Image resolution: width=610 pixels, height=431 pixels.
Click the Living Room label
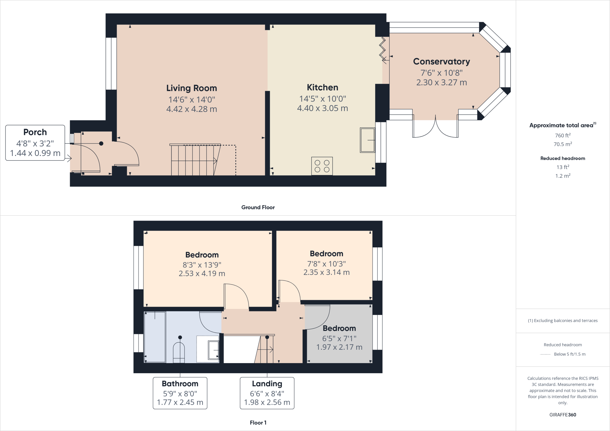point(192,88)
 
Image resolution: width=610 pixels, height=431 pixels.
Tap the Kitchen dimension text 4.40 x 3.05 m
point(323,108)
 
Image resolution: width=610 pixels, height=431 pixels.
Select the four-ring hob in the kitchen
point(322,166)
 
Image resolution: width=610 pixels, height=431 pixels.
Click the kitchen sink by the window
point(367,140)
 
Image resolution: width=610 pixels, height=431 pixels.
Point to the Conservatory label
point(441,62)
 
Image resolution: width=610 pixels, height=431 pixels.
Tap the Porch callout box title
point(35,132)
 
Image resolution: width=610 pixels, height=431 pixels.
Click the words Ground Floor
point(258,207)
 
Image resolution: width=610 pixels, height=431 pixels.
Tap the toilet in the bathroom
point(179,352)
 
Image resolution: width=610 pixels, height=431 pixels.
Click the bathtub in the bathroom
point(155,337)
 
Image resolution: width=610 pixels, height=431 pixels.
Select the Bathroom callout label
point(180,384)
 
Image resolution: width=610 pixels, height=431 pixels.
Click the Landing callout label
point(267,384)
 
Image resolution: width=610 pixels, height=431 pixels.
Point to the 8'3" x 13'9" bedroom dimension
point(202,265)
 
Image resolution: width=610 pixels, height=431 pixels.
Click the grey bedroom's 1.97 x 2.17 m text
point(339,347)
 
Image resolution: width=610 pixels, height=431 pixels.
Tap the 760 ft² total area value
point(563,135)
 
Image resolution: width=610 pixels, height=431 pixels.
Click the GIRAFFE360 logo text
point(563,415)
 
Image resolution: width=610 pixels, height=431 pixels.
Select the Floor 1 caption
point(258,423)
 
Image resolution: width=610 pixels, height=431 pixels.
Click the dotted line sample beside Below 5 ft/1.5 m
point(545,354)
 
